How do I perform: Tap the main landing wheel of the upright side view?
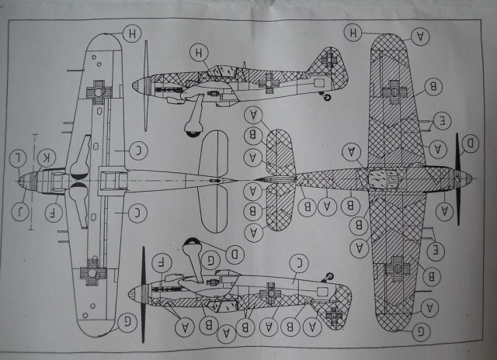click(191, 124)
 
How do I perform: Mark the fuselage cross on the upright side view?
click(268, 78)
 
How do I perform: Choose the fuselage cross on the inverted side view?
click(273, 291)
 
